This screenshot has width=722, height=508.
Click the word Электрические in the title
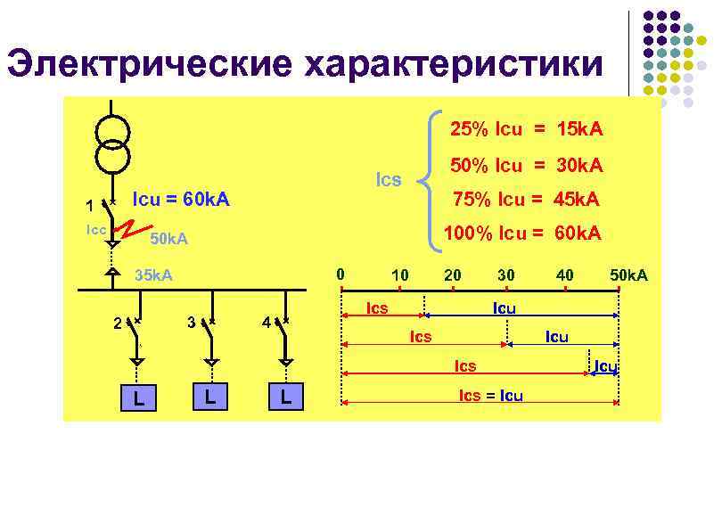tap(147, 63)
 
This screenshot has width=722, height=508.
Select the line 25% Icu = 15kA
tap(526, 129)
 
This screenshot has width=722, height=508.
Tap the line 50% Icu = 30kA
tap(526, 166)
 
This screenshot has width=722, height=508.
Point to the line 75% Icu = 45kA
tap(526, 199)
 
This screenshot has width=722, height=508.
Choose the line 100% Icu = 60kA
tap(522, 234)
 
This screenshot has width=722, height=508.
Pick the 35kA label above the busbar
tap(152, 275)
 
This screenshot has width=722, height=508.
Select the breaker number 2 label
tap(118, 323)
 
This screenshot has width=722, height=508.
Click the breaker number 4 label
tap(267, 322)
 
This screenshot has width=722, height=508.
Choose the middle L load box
tap(211, 397)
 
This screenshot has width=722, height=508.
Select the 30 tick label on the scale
tap(506, 275)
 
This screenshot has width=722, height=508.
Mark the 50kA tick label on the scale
tap(628, 275)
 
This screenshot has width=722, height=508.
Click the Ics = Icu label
tap(490, 395)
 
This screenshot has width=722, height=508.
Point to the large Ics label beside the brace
tap(389, 180)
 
